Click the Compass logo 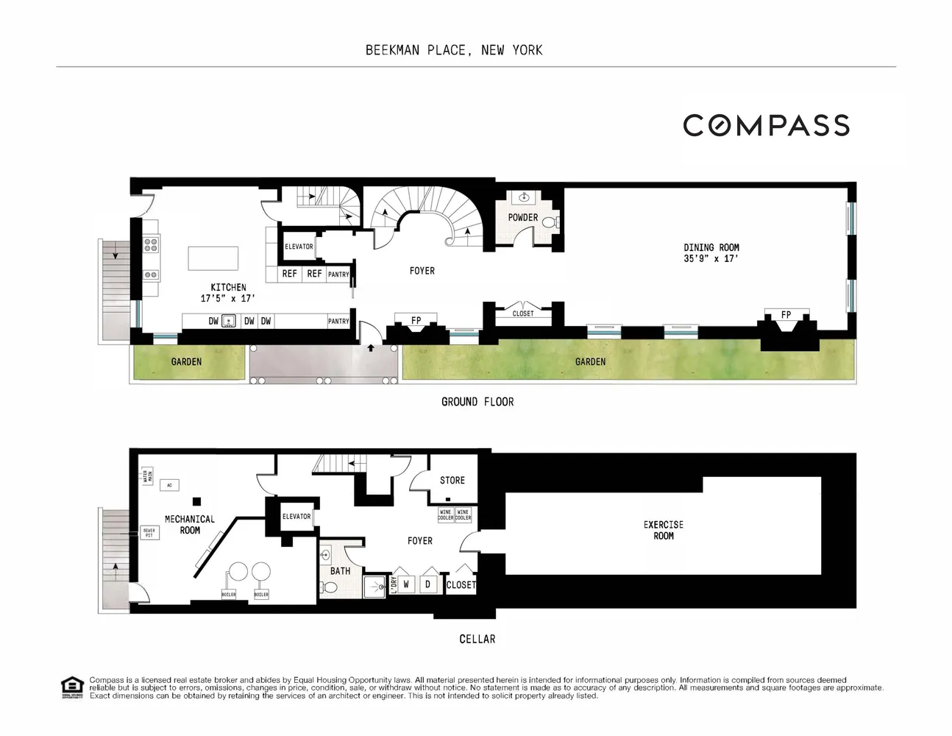766,126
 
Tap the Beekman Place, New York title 454,50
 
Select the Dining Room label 711,252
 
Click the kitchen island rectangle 213,258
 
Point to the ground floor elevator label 299,247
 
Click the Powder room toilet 550,222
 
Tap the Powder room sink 524,197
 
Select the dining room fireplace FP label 786,315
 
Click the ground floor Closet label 523,314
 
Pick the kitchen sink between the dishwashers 229,321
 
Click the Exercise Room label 663,530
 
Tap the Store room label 452,481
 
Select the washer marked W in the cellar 406,584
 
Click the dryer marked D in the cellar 428,584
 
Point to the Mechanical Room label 190,524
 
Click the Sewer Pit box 149,531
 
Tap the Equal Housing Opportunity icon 71,687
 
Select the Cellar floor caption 477,639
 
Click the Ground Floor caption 477,402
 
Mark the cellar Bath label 340,571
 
